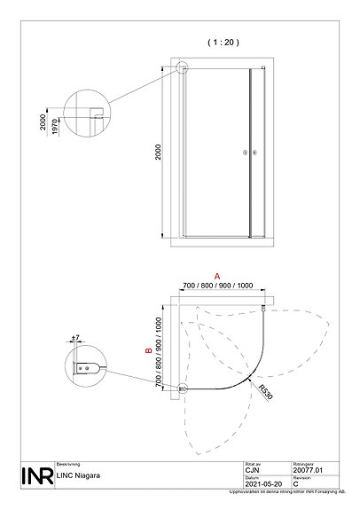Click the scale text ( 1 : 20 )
[223, 41]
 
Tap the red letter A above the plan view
[215, 277]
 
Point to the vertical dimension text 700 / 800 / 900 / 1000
[159, 354]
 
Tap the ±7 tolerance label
[77, 339]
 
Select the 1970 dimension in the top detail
[54, 128]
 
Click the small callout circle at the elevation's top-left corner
[182, 67]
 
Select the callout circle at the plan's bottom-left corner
[183, 388]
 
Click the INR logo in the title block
[35, 475]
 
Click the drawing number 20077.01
[307, 469]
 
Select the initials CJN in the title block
[251, 469]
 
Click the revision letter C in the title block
[294, 483]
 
